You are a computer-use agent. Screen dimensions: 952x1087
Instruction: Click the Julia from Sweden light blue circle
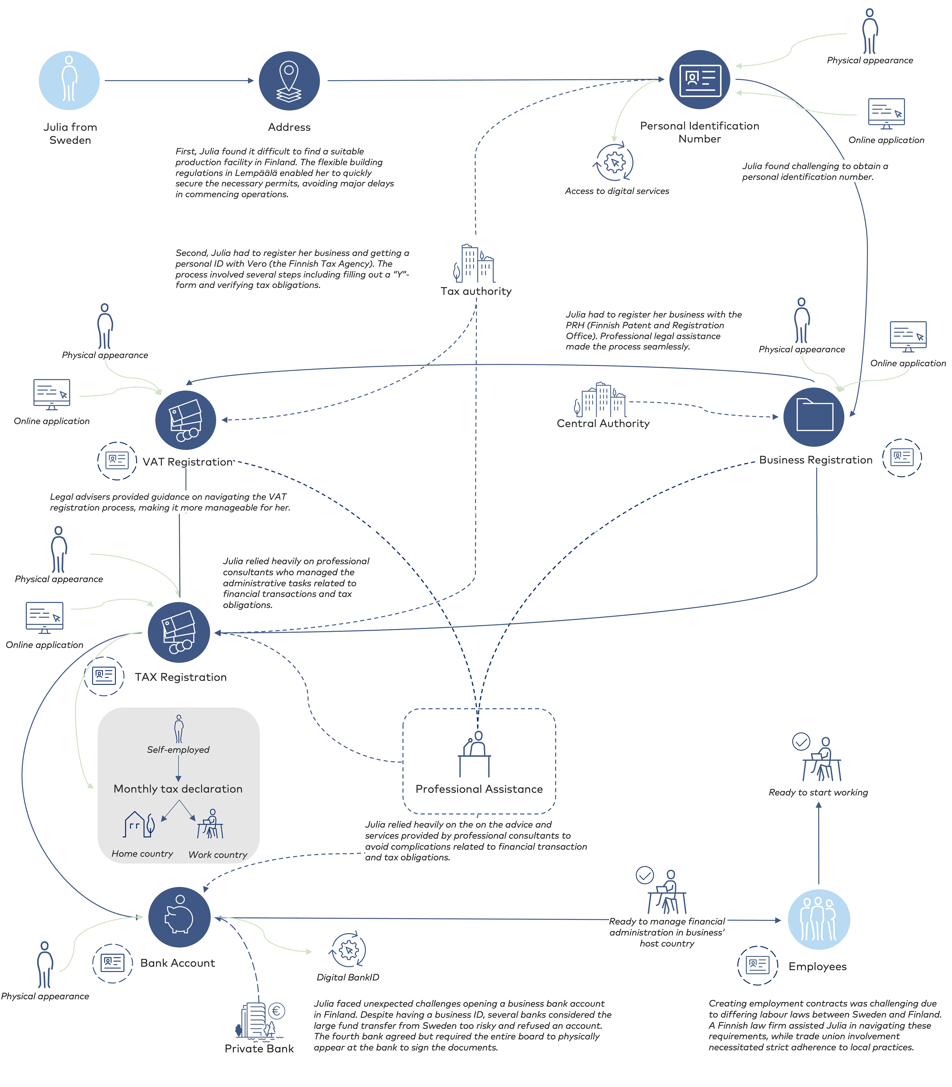69,81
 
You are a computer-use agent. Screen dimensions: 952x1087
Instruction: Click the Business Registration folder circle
814,417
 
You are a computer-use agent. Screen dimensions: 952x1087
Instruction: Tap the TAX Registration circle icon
179,632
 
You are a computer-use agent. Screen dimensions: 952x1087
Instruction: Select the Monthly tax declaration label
178,789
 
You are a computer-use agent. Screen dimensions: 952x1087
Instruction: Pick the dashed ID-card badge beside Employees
757,965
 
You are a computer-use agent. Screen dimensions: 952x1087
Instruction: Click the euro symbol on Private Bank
277,1011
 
